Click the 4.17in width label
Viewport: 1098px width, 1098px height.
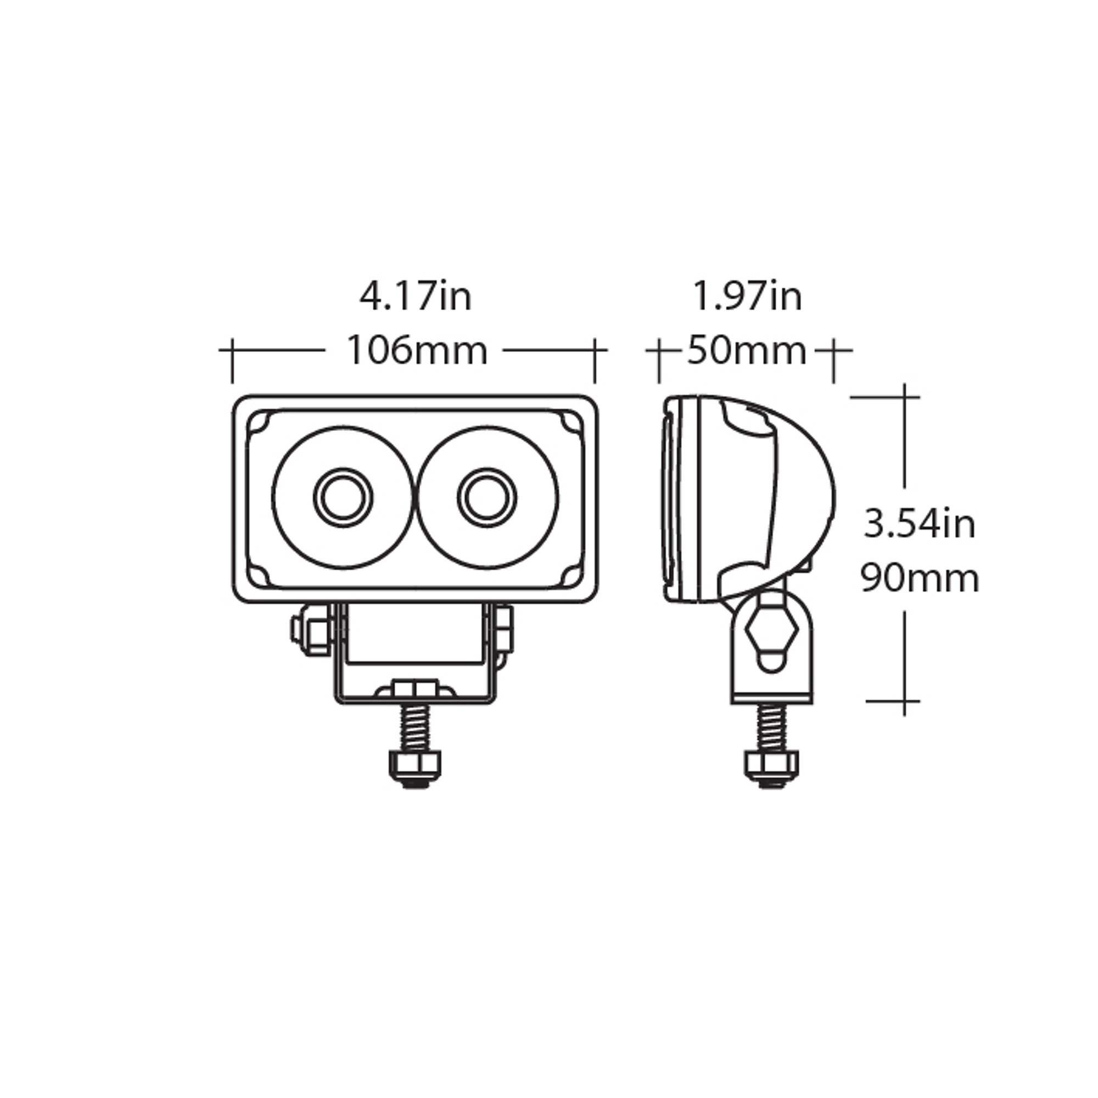(x=416, y=296)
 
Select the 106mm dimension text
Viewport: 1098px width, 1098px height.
(x=417, y=351)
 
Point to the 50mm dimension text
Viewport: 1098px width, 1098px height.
(x=747, y=351)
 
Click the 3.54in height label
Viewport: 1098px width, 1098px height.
(x=920, y=524)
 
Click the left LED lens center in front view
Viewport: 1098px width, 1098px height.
(x=343, y=498)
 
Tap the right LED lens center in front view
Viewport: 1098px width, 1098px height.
(x=487, y=498)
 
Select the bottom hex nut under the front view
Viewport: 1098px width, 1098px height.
(x=414, y=769)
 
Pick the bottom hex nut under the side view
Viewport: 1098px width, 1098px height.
(x=771, y=769)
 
